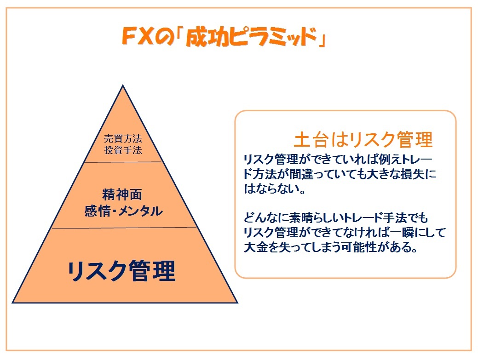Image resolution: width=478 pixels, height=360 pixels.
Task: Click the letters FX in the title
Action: tap(137, 36)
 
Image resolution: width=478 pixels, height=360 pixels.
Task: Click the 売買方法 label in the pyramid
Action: tap(123, 138)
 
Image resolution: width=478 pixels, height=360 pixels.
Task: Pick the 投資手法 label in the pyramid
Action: tap(123, 150)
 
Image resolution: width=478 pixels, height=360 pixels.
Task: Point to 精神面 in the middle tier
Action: tap(122, 194)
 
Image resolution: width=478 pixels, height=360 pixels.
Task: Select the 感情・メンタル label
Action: tap(123, 211)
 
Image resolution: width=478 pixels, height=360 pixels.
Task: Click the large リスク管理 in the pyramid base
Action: tap(121, 271)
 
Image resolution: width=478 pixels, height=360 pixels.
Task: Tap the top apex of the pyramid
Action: tap(123, 85)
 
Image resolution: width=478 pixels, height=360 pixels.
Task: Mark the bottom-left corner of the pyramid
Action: tap(12, 303)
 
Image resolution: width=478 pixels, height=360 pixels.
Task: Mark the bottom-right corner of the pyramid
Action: tap(237, 303)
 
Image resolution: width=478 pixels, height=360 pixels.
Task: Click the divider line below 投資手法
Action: tap(123, 162)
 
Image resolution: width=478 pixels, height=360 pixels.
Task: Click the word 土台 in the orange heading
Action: tap(311, 140)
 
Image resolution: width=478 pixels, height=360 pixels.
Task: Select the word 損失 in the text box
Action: tap(413, 174)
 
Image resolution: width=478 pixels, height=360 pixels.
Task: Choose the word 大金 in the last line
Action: tap(256, 247)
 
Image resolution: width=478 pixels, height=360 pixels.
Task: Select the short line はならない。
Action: tap(274, 189)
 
